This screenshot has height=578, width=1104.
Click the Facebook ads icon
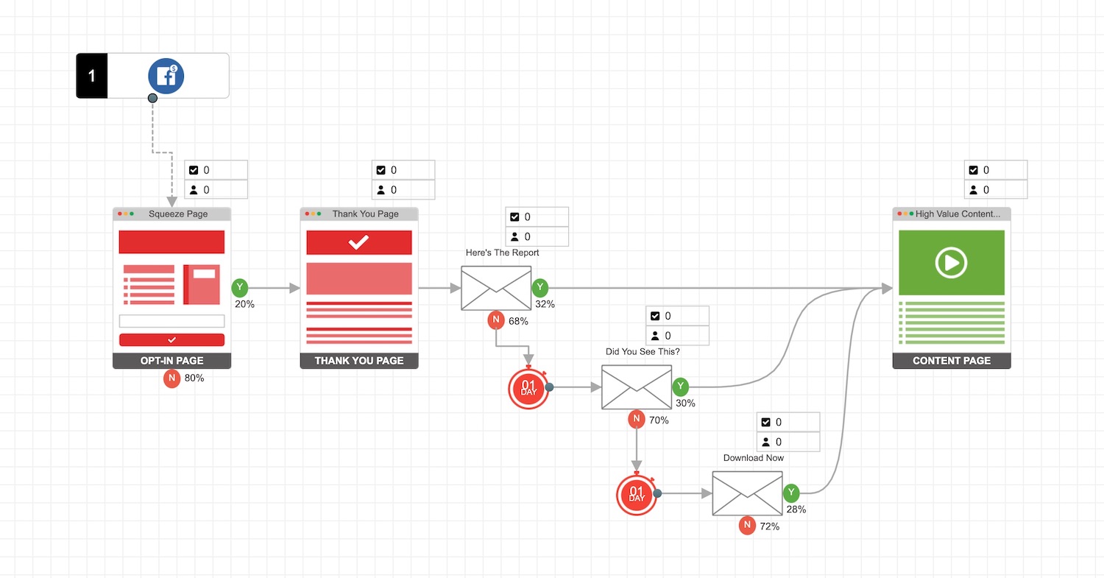[x=166, y=76]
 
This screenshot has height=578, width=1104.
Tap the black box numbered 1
[x=92, y=76]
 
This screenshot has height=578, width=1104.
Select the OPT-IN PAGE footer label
[x=171, y=361]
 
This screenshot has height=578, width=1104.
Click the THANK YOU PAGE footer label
[x=359, y=361]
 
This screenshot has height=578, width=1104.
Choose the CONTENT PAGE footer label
[x=952, y=361]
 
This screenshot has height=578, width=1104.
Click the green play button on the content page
[x=951, y=263]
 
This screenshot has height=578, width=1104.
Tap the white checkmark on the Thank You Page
[x=358, y=242]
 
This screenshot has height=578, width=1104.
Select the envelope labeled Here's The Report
[x=496, y=288]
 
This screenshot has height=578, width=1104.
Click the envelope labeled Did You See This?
[x=637, y=387]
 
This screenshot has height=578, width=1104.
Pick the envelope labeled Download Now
[x=747, y=493]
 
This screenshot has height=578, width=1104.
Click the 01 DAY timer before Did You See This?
[x=528, y=388]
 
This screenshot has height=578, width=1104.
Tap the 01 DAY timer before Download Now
[x=637, y=494]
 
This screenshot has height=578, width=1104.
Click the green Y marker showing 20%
[x=240, y=288]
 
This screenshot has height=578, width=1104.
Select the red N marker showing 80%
[x=171, y=378]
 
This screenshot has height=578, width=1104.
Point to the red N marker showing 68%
[x=496, y=320]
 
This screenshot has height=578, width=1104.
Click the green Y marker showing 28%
[x=791, y=493]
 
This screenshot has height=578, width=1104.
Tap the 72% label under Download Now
[x=769, y=526]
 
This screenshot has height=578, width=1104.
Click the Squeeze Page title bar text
[x=178, y=214]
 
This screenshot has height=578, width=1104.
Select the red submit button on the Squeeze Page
[x=171, y=339]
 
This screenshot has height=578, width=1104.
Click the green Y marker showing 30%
[x=681, y=387]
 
